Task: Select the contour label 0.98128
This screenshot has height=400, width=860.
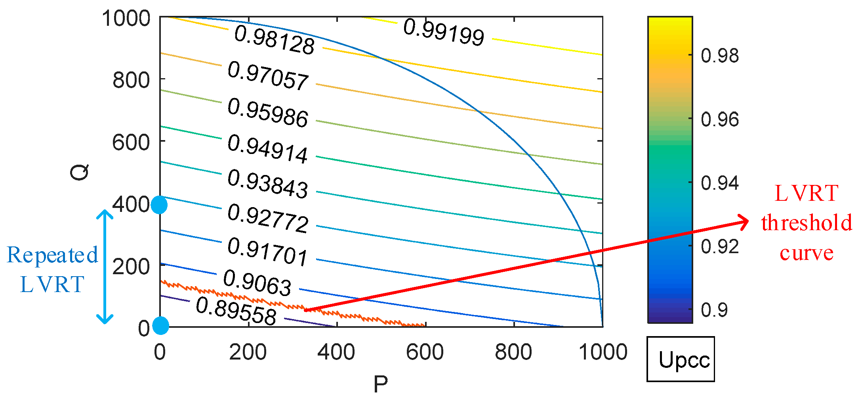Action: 275,40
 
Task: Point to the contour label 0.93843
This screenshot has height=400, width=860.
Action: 268,184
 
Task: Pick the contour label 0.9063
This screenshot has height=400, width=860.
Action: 257,283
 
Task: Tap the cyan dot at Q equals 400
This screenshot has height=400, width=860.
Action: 159,205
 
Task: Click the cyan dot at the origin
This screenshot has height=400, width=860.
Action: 160,325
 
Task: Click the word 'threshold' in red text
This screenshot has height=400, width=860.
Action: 807,223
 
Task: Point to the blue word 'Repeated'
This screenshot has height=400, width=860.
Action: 53,255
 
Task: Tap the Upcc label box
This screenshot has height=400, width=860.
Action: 681,359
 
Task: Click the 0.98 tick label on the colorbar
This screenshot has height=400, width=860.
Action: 719,56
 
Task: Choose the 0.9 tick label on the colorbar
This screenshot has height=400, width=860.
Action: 714,310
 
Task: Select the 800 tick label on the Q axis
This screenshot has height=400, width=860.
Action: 131,80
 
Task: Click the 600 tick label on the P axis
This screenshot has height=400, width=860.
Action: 425,352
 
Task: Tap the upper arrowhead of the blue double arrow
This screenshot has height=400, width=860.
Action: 105,214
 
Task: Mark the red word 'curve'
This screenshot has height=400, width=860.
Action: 807,253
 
